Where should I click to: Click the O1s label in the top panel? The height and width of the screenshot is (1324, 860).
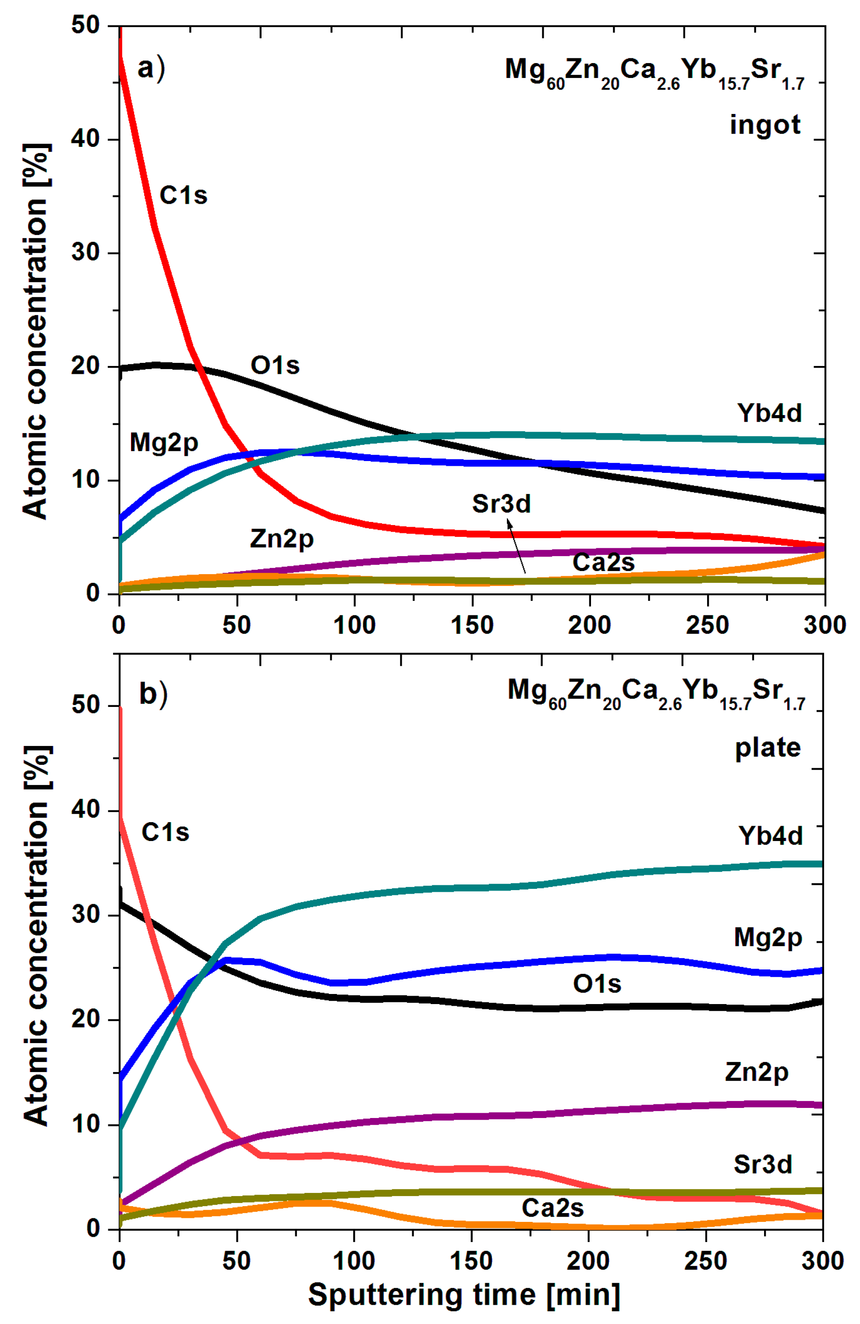click(275, 366)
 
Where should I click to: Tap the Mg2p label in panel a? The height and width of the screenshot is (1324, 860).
click(163, 443)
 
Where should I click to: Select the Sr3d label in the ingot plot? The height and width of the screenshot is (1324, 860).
click(501, 504)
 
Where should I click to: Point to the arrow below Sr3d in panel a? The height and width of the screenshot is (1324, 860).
click(516, 545)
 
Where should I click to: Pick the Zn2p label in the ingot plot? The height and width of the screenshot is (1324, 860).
click(281, 539)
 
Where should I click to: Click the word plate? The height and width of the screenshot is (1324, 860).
click(768, 747)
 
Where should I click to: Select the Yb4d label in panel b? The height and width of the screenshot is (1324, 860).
click(771, 836)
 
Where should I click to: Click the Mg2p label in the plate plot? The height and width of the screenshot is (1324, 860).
click(768, 938)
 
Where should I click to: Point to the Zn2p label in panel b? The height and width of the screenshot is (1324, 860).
click(757, 1072)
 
